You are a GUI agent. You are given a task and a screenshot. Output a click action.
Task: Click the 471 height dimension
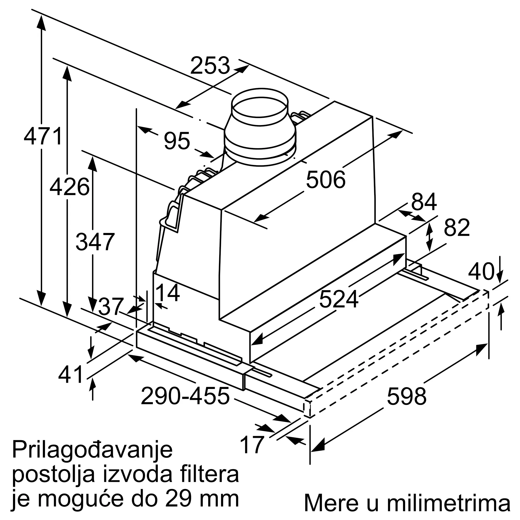[43, 136]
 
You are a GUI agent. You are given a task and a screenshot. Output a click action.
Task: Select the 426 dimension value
[69, 187]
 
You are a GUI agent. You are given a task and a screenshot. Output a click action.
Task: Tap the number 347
[95, 242]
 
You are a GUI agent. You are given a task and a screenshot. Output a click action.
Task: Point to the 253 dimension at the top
[210, 65]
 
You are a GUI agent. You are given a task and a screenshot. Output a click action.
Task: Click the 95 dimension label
[177, 141]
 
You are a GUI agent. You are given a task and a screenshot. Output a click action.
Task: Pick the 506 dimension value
[326, 179]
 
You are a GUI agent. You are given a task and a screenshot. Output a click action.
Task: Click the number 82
[457, 227]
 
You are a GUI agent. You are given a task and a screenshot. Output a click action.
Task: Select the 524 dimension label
[339, 299]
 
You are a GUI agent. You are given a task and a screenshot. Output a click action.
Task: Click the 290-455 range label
[185, 396]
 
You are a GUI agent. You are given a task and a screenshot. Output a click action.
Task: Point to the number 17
[252, 445]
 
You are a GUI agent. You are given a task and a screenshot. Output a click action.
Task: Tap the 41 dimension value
[70, 374]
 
